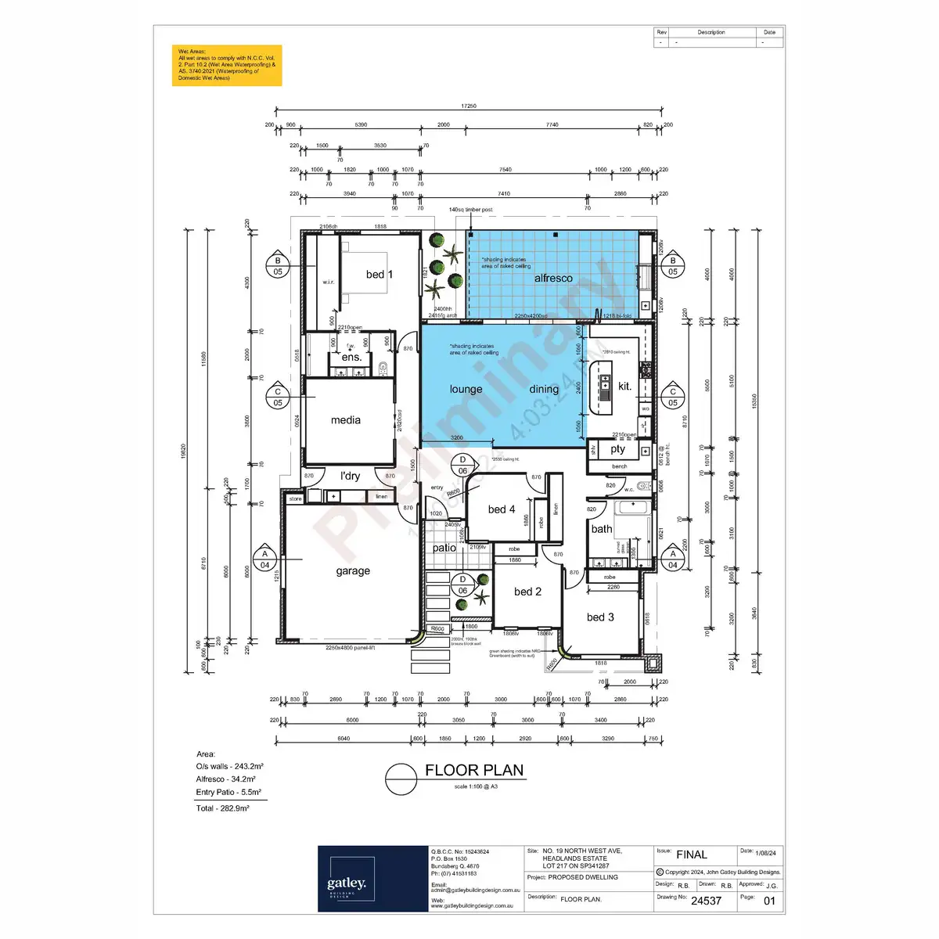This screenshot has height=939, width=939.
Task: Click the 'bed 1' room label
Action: [x=380, y=275]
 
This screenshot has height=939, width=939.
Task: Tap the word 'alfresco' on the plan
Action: [x=553, y=279]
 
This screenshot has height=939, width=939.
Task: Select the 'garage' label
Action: [x=353, y=571]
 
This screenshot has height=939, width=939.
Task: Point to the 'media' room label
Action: [x=346, y=420]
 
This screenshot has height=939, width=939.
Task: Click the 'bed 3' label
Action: [x=600, y=617]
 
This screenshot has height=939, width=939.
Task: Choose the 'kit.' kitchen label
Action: [x=624, y=387]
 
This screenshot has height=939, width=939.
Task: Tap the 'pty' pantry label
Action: [x=618, y=449]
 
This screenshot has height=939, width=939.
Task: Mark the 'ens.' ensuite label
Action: [x=351, y=358]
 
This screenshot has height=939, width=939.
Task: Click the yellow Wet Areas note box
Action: [x=227, y=65]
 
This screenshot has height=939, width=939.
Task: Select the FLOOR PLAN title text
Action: [x=474, y=771]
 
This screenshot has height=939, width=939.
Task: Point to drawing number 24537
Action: [x=706, y=901]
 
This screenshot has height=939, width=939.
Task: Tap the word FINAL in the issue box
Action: [x=692, y=854]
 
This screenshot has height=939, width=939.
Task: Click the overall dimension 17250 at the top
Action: [x=469, y=106]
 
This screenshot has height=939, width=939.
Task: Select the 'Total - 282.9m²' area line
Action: [x=223, y=808]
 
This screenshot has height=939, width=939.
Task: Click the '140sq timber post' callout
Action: [x=470, y=210]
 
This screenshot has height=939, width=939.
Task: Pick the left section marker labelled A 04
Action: [x=265, y=559]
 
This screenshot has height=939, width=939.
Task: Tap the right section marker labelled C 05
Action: [x=673, y=398]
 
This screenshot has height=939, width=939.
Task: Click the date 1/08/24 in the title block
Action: [x=766, y=853]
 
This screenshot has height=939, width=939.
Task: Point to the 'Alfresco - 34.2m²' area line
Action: [x=226, y=779]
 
